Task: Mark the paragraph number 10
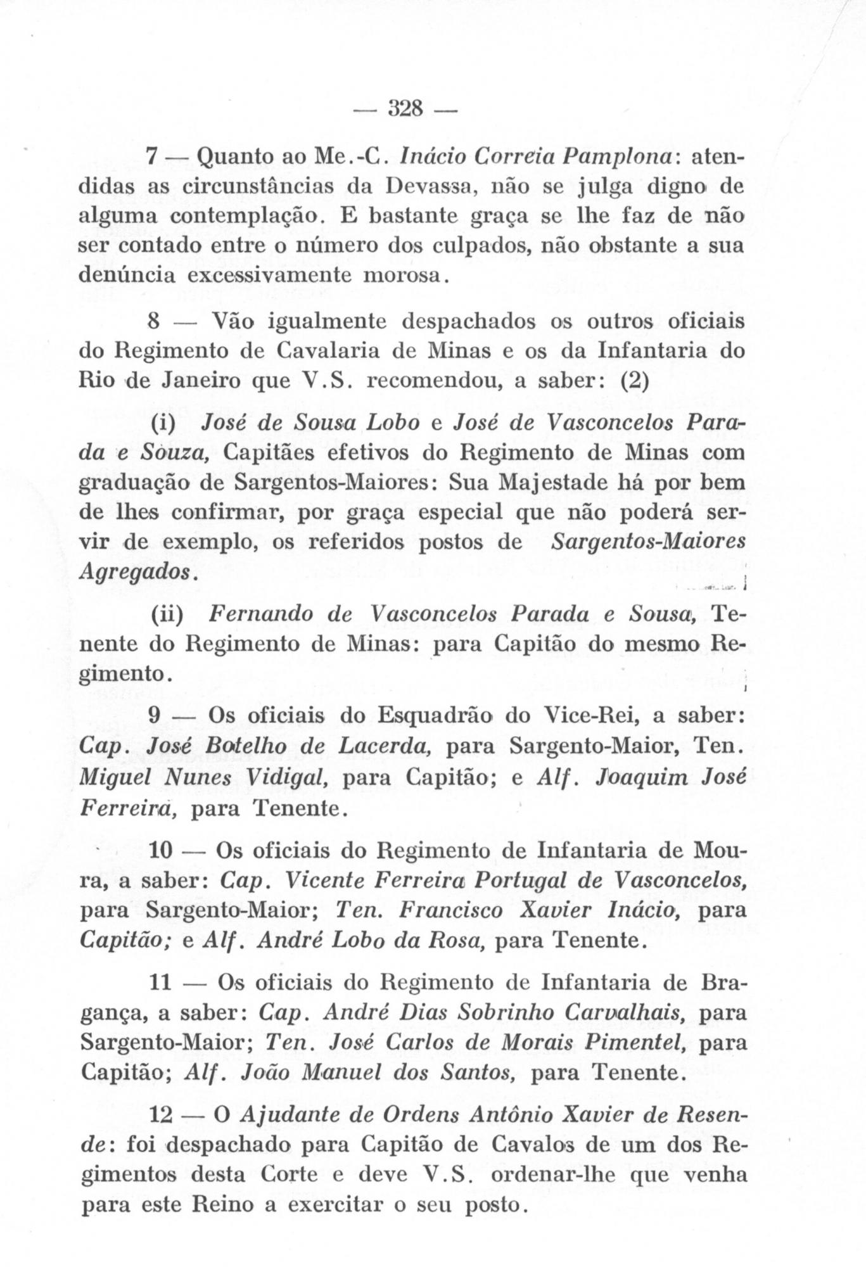pyautogui.click(x=160, y=850)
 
